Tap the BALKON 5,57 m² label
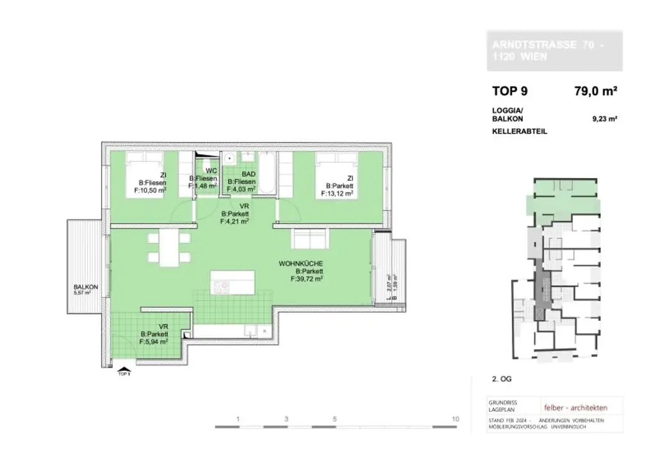click(x=85, y=288)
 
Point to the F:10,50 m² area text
click(x=150, y=190)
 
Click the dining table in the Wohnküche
click(x=170, y=248)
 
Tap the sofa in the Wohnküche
click(x=311, y=240)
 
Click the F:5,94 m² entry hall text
click(x=154, y=341)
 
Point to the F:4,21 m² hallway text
click(x=234, y=221)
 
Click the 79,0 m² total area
click(x=596, y=91)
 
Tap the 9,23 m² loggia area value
click(x=605, y=118)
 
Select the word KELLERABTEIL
click(x=520, y=131)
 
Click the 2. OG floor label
click(x=502, y=378)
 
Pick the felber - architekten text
click(x=575, y=407)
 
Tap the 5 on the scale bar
click(x=334, y=419)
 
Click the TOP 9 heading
click(x=510, y=91)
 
